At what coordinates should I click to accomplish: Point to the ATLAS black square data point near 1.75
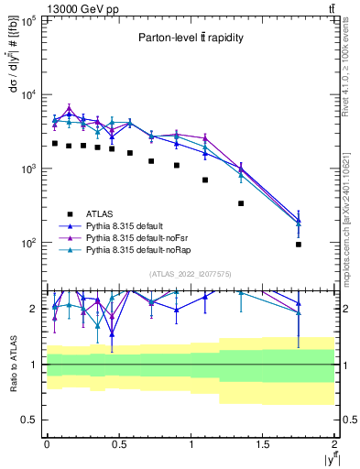pyautogui.click(x=299, y=245)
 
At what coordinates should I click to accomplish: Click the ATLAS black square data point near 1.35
pyautogui.click(x=241, y=203)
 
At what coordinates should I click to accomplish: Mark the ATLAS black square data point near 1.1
pyautogui.click(x=205, y=180)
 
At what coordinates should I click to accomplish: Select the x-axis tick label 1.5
pyautogui.click(x=263, y=443)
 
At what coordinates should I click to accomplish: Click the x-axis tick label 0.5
pyautogui.click(x=118, y=443)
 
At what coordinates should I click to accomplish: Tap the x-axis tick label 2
pyautogui.click(x=334, y=443)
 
